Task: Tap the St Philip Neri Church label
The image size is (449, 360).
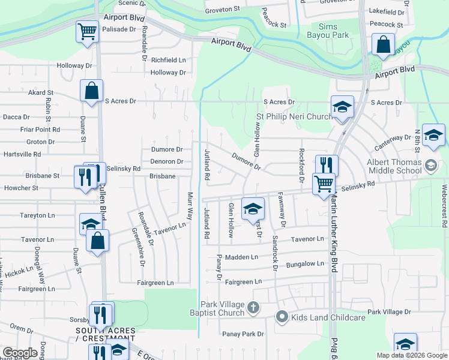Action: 294,116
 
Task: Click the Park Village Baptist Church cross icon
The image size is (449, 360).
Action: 253,308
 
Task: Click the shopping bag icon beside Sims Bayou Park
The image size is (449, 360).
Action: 382,44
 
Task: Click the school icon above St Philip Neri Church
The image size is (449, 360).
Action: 343,107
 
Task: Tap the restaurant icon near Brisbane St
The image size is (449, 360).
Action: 83,176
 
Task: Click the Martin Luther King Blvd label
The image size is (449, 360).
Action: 333,240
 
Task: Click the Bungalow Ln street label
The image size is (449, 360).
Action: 305,264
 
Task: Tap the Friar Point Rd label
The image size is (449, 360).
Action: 40,130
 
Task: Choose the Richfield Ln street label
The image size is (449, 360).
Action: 168,61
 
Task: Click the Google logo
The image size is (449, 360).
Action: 20,353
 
